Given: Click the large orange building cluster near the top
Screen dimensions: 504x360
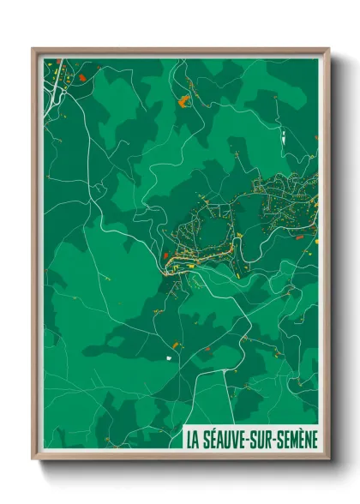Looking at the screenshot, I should click(x=183, y=102).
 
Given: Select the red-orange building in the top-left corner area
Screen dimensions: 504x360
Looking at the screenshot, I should click(x=81, y=77).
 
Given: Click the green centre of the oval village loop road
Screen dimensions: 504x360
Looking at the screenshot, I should click(x=209, y=231).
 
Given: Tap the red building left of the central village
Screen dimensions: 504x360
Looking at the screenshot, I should click(x=165, y=255).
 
